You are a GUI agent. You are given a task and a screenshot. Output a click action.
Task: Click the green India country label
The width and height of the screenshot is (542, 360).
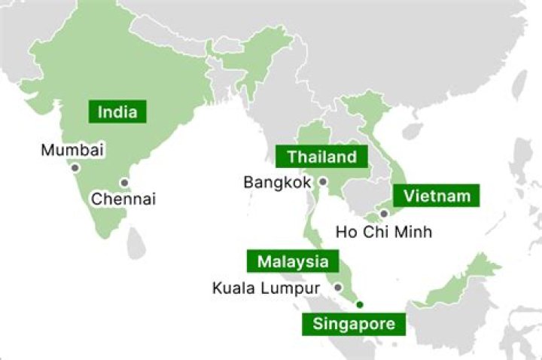click(117, 112)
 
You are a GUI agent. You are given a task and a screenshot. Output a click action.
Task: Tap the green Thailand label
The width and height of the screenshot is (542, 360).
click(321, 157)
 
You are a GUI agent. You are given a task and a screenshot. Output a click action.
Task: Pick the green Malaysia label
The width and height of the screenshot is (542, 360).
click(292, 262)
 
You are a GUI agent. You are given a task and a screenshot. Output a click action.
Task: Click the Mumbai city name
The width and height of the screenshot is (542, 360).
click(72, 150)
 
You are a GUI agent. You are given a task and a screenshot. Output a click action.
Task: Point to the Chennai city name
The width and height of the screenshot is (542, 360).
click(123, 200)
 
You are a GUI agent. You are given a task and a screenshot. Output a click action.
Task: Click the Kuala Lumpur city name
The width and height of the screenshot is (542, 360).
click(266, 288)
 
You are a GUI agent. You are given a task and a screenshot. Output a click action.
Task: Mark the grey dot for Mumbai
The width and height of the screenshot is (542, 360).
click(75, 168)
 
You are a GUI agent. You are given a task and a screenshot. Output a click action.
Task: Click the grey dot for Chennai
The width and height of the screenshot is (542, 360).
click(124, 182)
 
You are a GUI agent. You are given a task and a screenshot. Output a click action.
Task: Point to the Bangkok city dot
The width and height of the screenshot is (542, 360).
click(323, 182)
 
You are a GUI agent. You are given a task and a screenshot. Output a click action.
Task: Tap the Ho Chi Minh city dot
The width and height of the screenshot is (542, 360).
click(384, 214)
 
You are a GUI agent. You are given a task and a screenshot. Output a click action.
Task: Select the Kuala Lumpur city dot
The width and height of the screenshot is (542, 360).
click(339, 287)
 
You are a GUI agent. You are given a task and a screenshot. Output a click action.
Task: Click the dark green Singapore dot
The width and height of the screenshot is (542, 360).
click(360, 304)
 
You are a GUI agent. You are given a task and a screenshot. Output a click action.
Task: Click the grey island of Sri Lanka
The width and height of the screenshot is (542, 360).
click(136, 242)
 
